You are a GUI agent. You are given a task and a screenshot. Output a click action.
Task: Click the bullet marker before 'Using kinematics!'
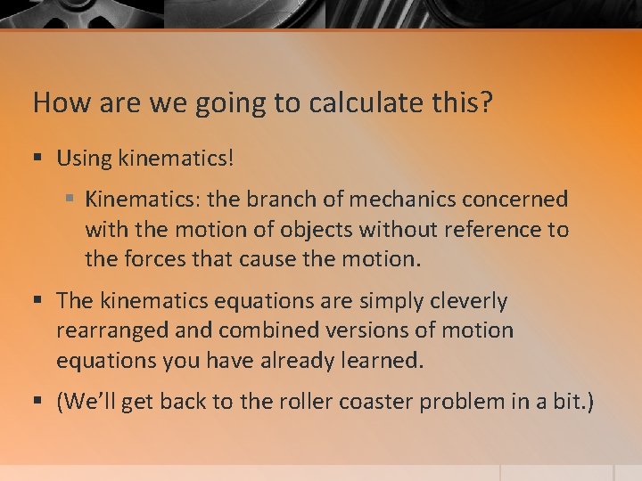(x=37, y=159)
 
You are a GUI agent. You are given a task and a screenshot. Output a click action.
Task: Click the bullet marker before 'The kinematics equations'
(x=37, y=301)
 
